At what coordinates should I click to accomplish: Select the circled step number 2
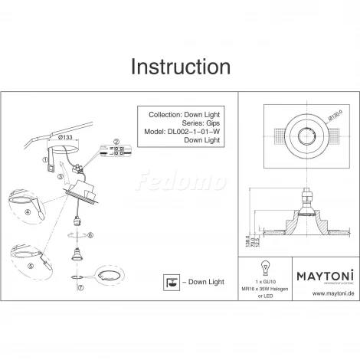[x=116, y=142]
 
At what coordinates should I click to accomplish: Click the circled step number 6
[x=90, y=236]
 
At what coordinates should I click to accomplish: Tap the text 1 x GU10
[x=267, y=280]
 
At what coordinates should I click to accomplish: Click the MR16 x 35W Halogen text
[x=267, y=288]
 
